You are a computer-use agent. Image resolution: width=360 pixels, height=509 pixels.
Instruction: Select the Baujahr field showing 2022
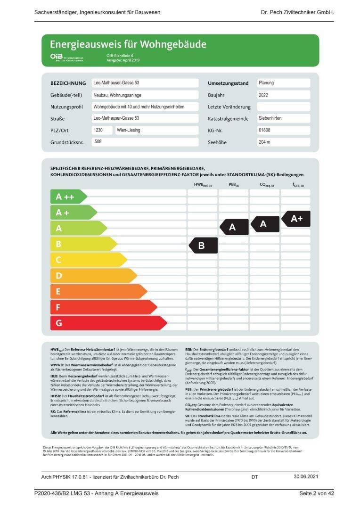tap(283, 95)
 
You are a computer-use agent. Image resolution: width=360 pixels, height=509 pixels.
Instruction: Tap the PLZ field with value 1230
tap(102, 130)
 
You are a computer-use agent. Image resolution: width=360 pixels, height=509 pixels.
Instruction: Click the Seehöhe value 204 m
tap(283, 142)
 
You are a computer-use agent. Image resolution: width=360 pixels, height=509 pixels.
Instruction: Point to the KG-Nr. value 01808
tap(283, 130)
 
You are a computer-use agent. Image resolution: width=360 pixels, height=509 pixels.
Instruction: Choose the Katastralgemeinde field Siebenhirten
tap(283, 118)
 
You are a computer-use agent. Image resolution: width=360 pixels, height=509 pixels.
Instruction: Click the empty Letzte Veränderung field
tap(283, 107)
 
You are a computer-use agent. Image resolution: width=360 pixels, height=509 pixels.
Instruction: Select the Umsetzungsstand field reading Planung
tap(283, 83)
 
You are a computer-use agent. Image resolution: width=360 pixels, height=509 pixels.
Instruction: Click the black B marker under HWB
tap(203, 246)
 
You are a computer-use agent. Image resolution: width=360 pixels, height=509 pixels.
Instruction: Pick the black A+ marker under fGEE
tap(296, 219)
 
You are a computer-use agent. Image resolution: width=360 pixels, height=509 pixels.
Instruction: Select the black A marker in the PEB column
tap(234, 227)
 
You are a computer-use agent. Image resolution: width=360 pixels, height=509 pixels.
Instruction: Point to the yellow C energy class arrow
tap(88, 260)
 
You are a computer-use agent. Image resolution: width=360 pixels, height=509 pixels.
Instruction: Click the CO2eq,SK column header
tap(267, 186)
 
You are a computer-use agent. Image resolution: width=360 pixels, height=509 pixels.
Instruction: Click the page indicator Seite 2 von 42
tap(316, 493)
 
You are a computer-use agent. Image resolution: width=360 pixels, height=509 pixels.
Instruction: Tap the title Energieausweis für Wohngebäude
tap(128, 45)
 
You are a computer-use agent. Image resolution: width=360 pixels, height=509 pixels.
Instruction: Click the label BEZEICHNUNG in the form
tap(68, 83)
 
